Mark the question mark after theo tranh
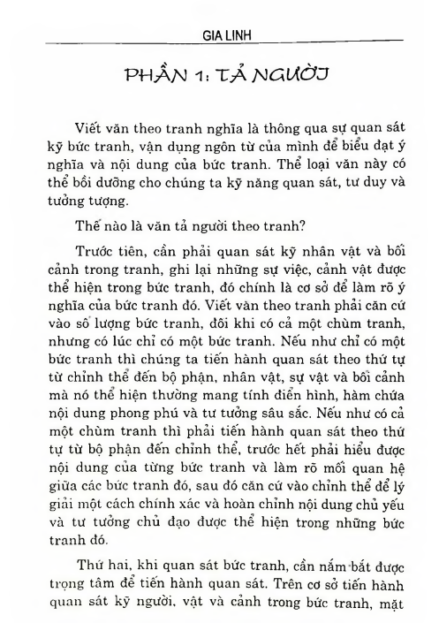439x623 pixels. click(307, 228)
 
